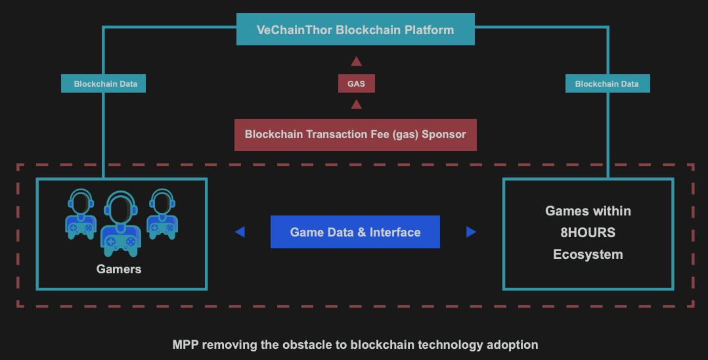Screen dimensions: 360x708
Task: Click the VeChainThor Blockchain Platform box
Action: point(355,30)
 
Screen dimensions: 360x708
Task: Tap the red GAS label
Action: point(356,84)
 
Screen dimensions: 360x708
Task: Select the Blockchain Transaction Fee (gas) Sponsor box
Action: point(355,135)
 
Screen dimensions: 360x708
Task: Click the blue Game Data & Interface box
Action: point(355,232)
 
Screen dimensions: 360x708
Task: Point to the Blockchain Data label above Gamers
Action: point(104,84)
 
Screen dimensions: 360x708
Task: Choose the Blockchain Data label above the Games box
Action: point(607,84)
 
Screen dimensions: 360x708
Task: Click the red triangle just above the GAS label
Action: point(356,62)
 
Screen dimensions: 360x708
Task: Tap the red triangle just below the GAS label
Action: point(356,104)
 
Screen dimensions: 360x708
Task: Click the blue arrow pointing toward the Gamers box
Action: point(240,232)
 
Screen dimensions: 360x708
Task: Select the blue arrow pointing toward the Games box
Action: point(470,232)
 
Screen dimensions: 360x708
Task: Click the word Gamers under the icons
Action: point(119,269)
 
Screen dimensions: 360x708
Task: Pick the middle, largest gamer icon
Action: point(120,223)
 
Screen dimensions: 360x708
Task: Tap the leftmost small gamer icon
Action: point(81,214)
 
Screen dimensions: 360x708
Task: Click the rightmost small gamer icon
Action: point(161,214)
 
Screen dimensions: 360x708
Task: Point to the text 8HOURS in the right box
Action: point(588,233)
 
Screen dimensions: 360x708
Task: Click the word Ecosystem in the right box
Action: point(588,254)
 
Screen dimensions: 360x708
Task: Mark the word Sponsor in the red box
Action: point(443,135)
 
